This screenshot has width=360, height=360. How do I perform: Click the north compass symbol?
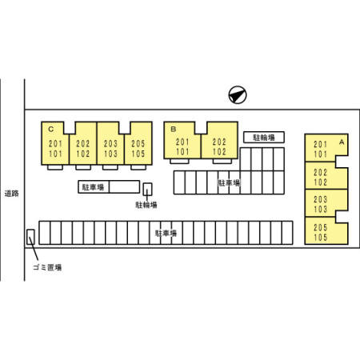(238, 94)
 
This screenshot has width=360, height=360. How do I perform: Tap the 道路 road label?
(12, 194)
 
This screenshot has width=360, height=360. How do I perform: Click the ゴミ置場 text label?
(47, 267)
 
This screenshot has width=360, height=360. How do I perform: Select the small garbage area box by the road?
(30, 237)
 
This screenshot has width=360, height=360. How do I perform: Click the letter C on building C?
(50, 130)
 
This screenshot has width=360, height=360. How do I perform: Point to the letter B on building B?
(174, 129)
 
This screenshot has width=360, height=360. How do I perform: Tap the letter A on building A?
(342, 142)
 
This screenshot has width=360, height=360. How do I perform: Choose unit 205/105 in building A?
(326, 230)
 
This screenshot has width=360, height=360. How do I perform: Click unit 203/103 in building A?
(326, 203)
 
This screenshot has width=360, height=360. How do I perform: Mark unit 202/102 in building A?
(326, 175)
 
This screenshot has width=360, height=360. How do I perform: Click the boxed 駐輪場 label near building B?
(264, 138)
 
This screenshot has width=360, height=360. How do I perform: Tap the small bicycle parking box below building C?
(147, 189)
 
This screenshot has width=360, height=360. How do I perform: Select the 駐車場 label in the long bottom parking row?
(166, 234)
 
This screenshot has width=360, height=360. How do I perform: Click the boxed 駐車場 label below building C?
(93, 187)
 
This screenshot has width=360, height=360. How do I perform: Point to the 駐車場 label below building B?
(229, 183)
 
